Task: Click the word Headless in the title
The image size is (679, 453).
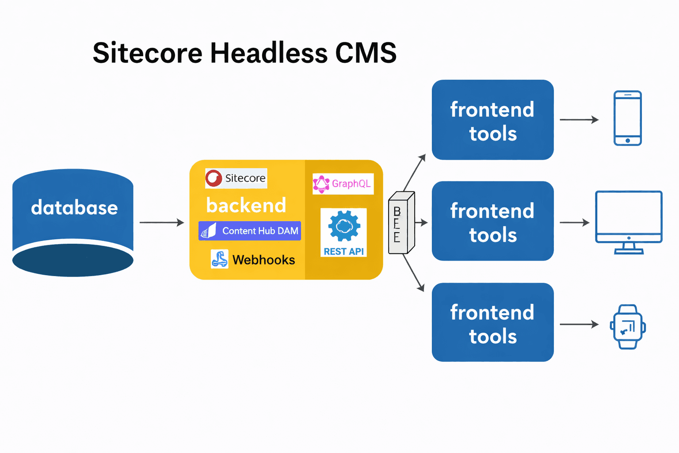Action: pyautogui.click(x=269, y=53)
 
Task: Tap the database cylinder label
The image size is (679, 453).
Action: pyautogui.click(x=74, y=207)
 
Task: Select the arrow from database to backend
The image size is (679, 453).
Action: pyautogui.click(x=161, y=223)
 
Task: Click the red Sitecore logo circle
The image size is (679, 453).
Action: pyautogui.click(x=214, y=178)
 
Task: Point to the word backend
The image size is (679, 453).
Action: pyautogui.click(x=246, y=205)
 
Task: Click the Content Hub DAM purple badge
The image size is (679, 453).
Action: pyautogui.click(x=250, y=231)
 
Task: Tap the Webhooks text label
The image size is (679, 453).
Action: pyautogui.click(x=263, y=260)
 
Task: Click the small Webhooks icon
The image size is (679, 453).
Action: pyautogui.click(x=220, y=259)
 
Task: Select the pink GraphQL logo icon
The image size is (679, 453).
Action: pyautogui.click(x=321, y=184)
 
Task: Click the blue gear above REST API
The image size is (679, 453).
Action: pyautogui.click(x=344, y=226)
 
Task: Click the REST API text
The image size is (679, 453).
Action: pyautogui.click(x=343, y=251)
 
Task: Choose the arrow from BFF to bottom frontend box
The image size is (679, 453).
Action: pyautogui.click(x=414, y=273)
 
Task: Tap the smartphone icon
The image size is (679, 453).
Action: pyautogui.click(x=627, y=118)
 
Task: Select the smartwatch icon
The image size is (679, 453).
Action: pyautogui.click(x=628, y=327)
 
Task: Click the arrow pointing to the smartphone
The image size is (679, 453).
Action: pyautogui.click(x=579, y=119)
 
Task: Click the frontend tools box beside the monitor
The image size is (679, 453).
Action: pyautogui.click(x=492, y=221)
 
